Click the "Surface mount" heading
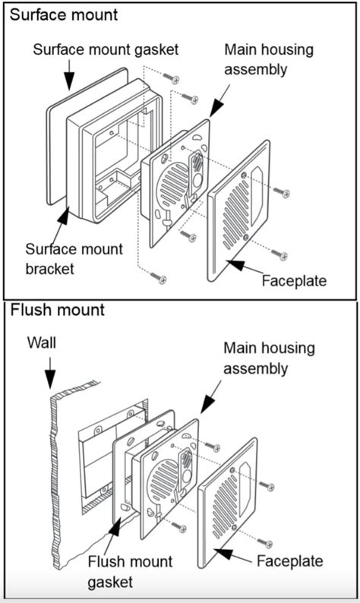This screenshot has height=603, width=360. coord(64,15)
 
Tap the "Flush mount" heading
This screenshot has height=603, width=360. coord(57,310)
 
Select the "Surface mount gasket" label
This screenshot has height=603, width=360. coord(106,50)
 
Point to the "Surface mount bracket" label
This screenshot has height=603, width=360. coord(74,259)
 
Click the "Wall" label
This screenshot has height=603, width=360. coord(42,343)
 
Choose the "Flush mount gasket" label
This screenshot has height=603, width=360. coord(130,571)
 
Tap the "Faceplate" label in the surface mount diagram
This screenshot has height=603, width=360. coord(294,281)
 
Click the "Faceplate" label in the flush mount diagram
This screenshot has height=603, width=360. coord(290,560)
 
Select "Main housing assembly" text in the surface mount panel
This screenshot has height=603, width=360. coord(269,59)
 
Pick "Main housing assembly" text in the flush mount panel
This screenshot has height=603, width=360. coord(269,358)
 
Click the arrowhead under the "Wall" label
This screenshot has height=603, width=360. coord(50,379)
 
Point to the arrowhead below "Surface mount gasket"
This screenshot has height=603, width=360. coord(69,81)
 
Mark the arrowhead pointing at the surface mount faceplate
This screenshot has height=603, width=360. coord(235,265)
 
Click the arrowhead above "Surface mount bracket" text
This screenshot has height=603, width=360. coord(62,216)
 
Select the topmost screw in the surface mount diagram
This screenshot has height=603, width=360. coord(171,77)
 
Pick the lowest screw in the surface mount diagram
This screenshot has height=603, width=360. coord(158,277)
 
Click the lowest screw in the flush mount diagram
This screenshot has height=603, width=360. coord(265,542)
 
